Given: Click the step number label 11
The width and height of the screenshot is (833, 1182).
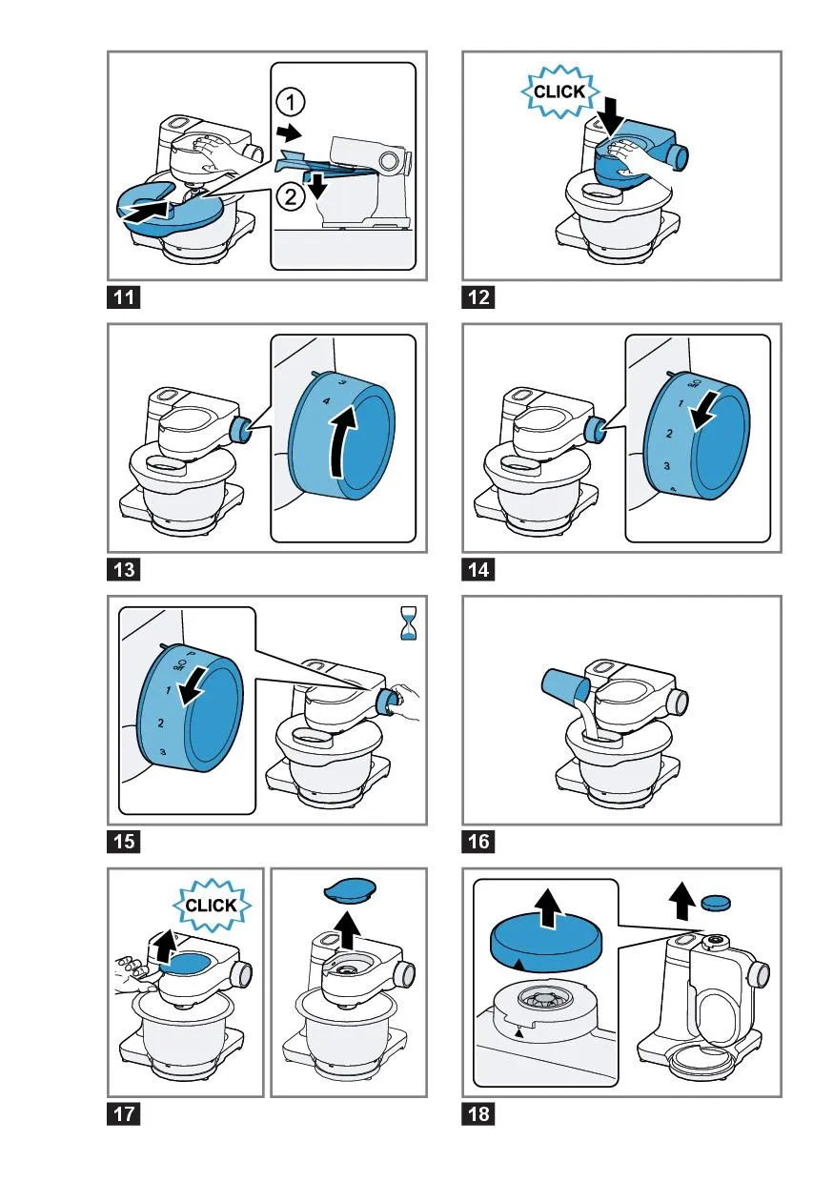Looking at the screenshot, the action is coord(124,297).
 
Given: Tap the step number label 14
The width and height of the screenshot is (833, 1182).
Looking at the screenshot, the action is coord(477,570).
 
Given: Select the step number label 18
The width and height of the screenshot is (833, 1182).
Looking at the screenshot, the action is coord(477,1114).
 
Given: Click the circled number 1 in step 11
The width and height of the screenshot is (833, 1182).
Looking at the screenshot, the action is coord(290,102).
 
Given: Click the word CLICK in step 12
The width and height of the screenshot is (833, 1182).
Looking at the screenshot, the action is coord(559,92).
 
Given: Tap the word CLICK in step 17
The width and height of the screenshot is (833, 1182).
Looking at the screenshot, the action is coord(211,906).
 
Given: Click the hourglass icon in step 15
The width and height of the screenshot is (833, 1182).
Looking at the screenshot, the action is coord(408,623).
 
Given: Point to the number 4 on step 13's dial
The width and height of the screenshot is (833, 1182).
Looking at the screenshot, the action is coord(326,401).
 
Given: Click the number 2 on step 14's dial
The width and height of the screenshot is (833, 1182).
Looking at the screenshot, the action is coord(669,433).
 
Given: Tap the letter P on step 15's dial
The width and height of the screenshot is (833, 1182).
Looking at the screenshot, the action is coord(191,654).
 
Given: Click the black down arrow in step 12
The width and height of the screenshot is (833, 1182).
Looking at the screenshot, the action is coord(613,117).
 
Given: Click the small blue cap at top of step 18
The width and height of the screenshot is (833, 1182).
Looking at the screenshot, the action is coord(716,902).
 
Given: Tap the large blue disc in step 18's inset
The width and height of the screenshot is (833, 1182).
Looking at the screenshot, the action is coord(545,947).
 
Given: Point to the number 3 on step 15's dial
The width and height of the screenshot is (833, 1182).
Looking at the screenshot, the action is coord(163,752).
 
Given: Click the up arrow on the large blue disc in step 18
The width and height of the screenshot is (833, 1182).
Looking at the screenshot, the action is coord(548,908).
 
